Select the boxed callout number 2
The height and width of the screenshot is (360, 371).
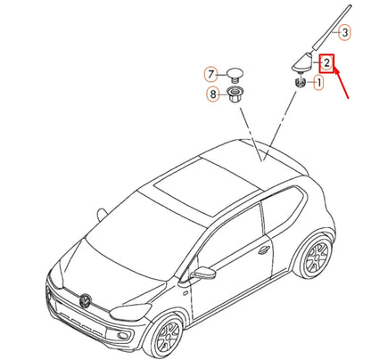328,62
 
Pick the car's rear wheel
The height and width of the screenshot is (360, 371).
313,257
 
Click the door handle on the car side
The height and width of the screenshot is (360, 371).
264,250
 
